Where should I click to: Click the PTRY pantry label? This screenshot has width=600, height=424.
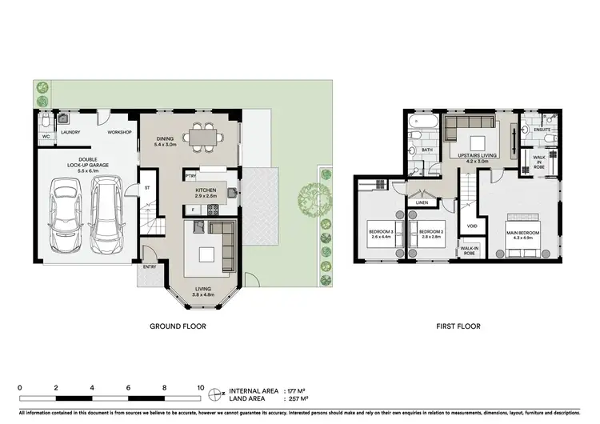point(191,175)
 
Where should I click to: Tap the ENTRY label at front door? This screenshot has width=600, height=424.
point(150,267)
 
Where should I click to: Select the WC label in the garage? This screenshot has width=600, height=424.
point(46,136)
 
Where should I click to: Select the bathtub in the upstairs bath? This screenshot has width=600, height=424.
point(420,123)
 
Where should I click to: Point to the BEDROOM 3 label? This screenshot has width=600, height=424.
point(382,233)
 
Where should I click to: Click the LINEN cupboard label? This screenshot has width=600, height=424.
point(422,202)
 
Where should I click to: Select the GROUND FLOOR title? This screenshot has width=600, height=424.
point(178,326)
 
